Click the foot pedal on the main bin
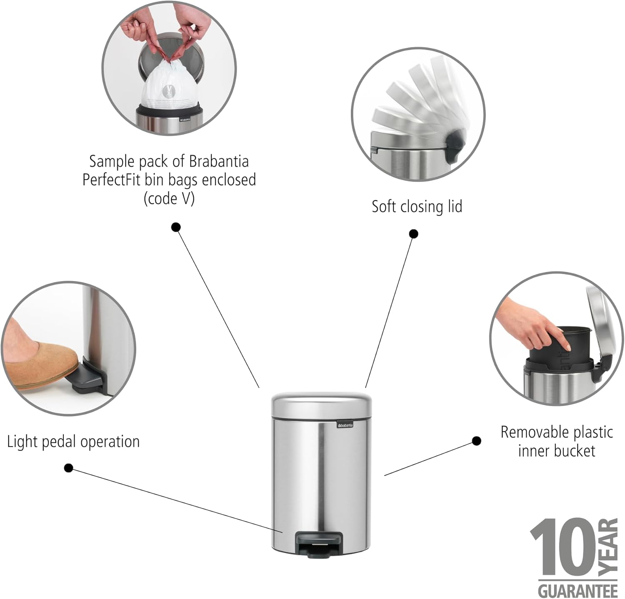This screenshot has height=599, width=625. (x=318, y=544)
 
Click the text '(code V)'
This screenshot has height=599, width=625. (x=169, y=199)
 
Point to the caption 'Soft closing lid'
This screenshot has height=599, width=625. (x=417, y=206)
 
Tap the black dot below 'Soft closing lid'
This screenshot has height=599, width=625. (x=413, y=234)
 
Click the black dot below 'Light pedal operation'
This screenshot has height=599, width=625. (x=69, y=468)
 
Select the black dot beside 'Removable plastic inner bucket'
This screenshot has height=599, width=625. (x=477, y=441)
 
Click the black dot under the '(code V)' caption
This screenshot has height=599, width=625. (x=176, y=227)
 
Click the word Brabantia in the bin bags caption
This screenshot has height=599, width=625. (x=219, y=161)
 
